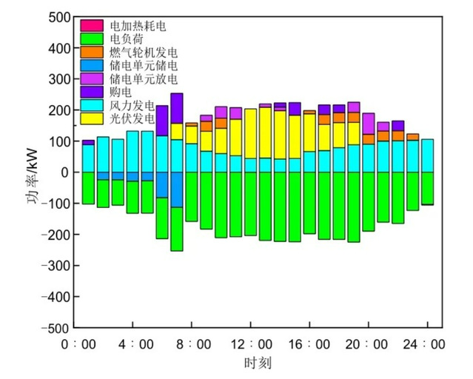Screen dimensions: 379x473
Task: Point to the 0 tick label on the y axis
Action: (67, 172)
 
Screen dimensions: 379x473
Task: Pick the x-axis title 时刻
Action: (251, 363)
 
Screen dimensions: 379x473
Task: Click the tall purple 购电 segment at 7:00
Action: (176, 108)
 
